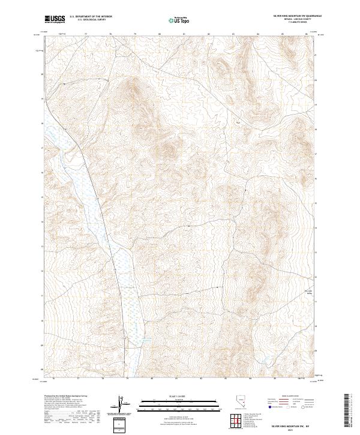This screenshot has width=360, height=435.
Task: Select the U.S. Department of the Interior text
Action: (x=91, y=16)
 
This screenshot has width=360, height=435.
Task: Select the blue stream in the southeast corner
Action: (x=264, y=361)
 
